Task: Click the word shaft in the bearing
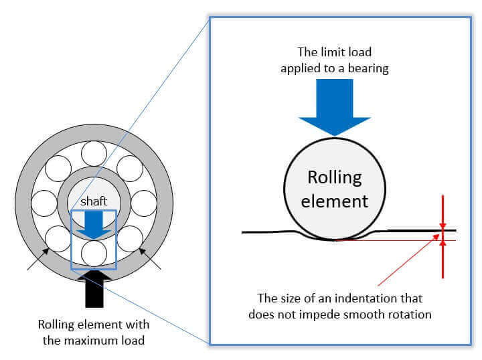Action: [94, 201]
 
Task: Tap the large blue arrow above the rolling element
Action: [335, 107]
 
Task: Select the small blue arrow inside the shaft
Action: [94, 225]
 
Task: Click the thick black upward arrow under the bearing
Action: [94, 288]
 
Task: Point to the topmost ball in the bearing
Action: [94, 154]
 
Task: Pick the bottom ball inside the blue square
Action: [94, 254]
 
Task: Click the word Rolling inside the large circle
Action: [335, 178]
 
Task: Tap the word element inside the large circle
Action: [335, 201]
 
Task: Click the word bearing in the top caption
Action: [368, 68]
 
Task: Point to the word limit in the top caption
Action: [331, 52]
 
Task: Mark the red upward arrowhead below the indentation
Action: [443, 244]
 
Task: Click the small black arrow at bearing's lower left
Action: [37, 259]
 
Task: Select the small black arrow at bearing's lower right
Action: [150, 259]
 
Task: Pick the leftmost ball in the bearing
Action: [44, 203]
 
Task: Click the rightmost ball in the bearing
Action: [144, 203]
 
